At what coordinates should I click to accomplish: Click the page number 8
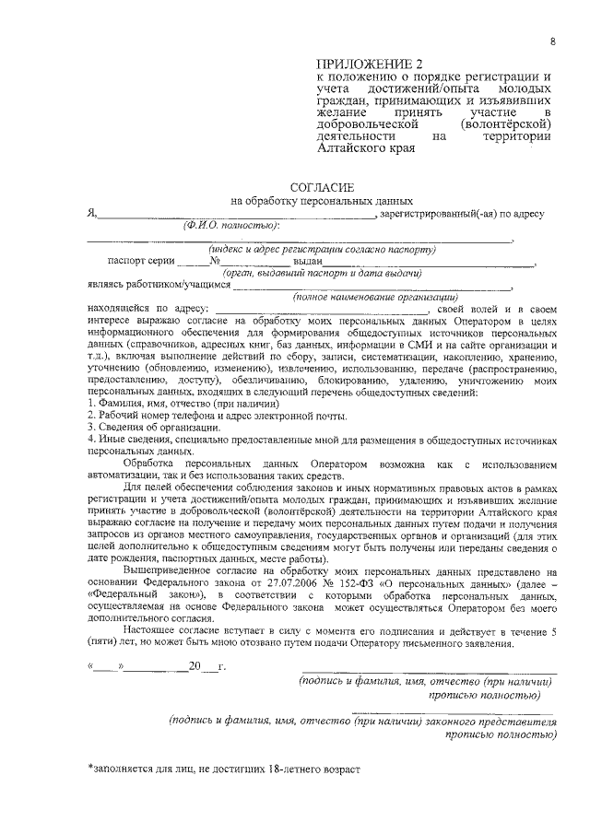point(552,41)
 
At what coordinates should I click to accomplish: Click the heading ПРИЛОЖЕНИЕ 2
point(368,64)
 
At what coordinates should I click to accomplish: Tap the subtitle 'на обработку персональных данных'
point(322,201)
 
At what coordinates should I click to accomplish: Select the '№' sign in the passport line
point(216,261)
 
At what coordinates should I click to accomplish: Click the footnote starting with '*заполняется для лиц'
point(223,768)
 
